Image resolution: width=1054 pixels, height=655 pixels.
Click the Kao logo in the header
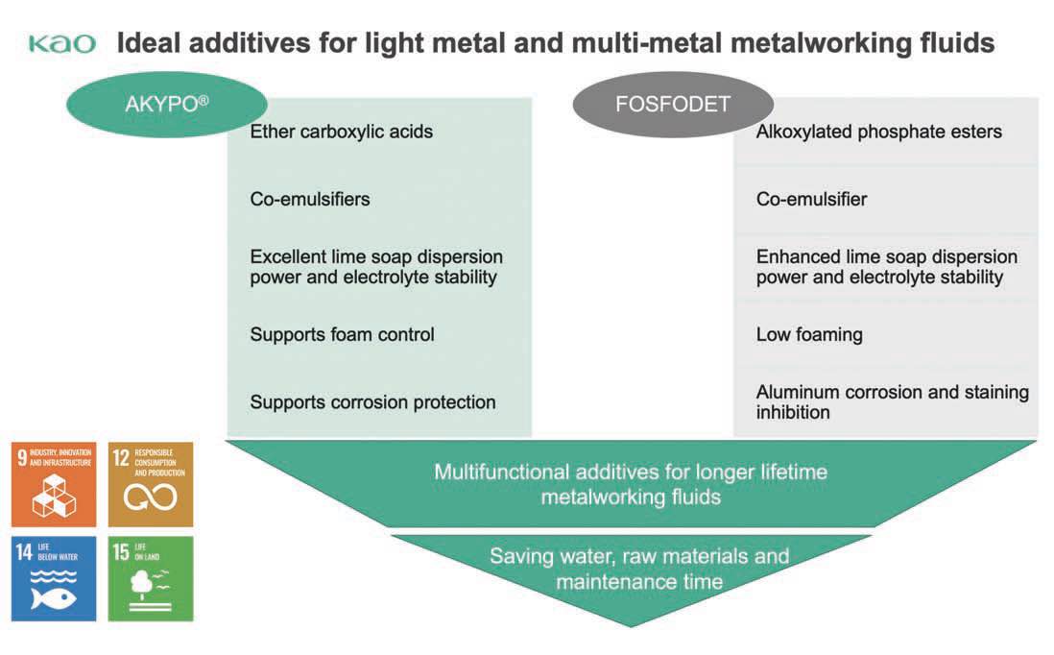pos(62,44)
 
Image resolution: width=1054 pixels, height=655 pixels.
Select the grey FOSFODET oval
pos(672,105)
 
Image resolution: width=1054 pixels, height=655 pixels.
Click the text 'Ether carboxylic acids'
pos(341,132)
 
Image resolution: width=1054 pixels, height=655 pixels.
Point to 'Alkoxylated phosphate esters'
pos(878,132)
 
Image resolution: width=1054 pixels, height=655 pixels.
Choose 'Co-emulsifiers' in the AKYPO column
pos(309,200)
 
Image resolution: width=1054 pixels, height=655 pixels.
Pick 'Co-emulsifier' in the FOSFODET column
pos(811,200)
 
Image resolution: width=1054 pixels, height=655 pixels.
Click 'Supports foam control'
pos(342,334)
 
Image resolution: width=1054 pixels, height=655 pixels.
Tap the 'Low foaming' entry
pos(809,334)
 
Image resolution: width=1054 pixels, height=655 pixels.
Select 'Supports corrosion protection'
pos(372,402)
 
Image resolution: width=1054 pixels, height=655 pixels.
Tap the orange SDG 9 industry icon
pos(54,484)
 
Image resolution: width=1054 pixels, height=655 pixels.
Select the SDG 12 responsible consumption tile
pos(151,484)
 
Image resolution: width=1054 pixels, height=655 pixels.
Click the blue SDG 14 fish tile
pos(54,578)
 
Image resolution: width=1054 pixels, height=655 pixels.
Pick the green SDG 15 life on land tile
pos(151,578)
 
